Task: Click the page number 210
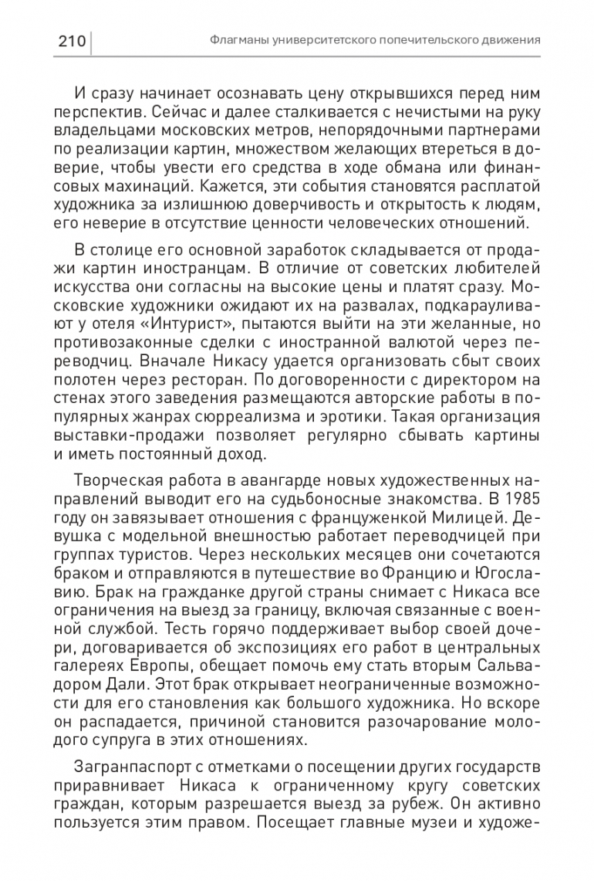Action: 72,40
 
